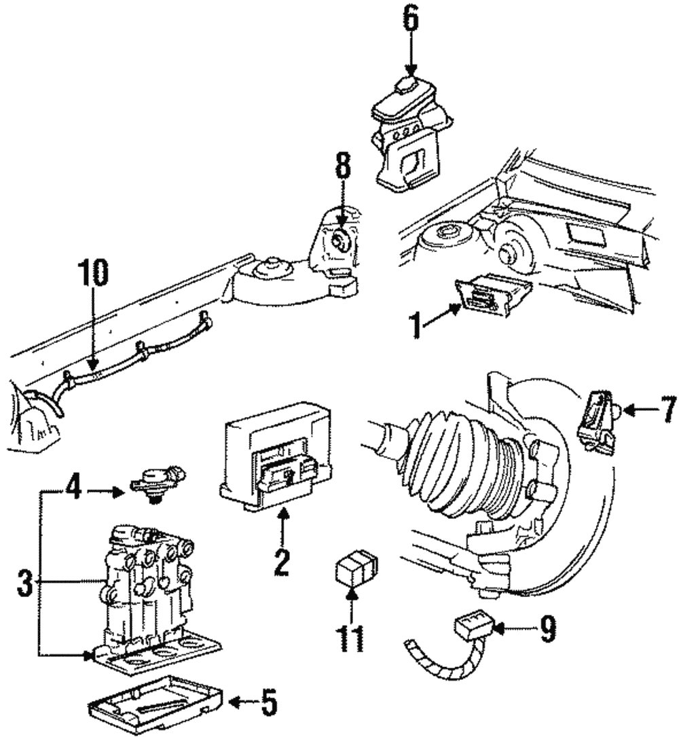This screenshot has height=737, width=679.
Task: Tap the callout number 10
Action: [92, 276]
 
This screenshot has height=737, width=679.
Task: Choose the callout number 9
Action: [547, 630]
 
